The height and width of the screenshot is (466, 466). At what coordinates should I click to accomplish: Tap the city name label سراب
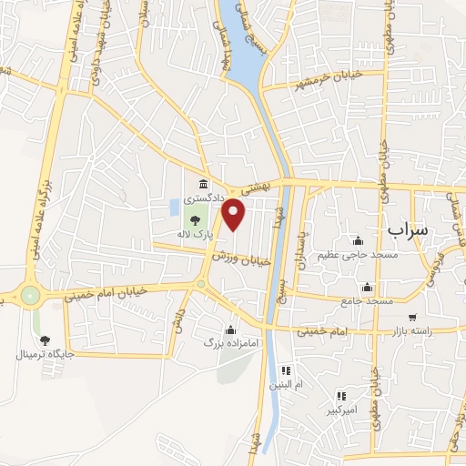406,229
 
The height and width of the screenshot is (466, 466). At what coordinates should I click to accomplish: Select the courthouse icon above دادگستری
202,185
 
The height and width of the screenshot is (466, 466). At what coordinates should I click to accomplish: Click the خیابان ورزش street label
241,258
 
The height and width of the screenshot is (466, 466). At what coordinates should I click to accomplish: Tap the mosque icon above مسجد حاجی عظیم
358,241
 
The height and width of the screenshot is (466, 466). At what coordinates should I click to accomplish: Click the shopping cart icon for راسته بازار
412,318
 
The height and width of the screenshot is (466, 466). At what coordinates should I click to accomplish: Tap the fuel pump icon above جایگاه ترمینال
46,339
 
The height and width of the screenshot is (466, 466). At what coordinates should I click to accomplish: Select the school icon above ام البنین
284,370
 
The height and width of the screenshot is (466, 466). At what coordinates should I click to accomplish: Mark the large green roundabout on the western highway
31,295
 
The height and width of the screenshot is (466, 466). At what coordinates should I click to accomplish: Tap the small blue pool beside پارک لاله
174,208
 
